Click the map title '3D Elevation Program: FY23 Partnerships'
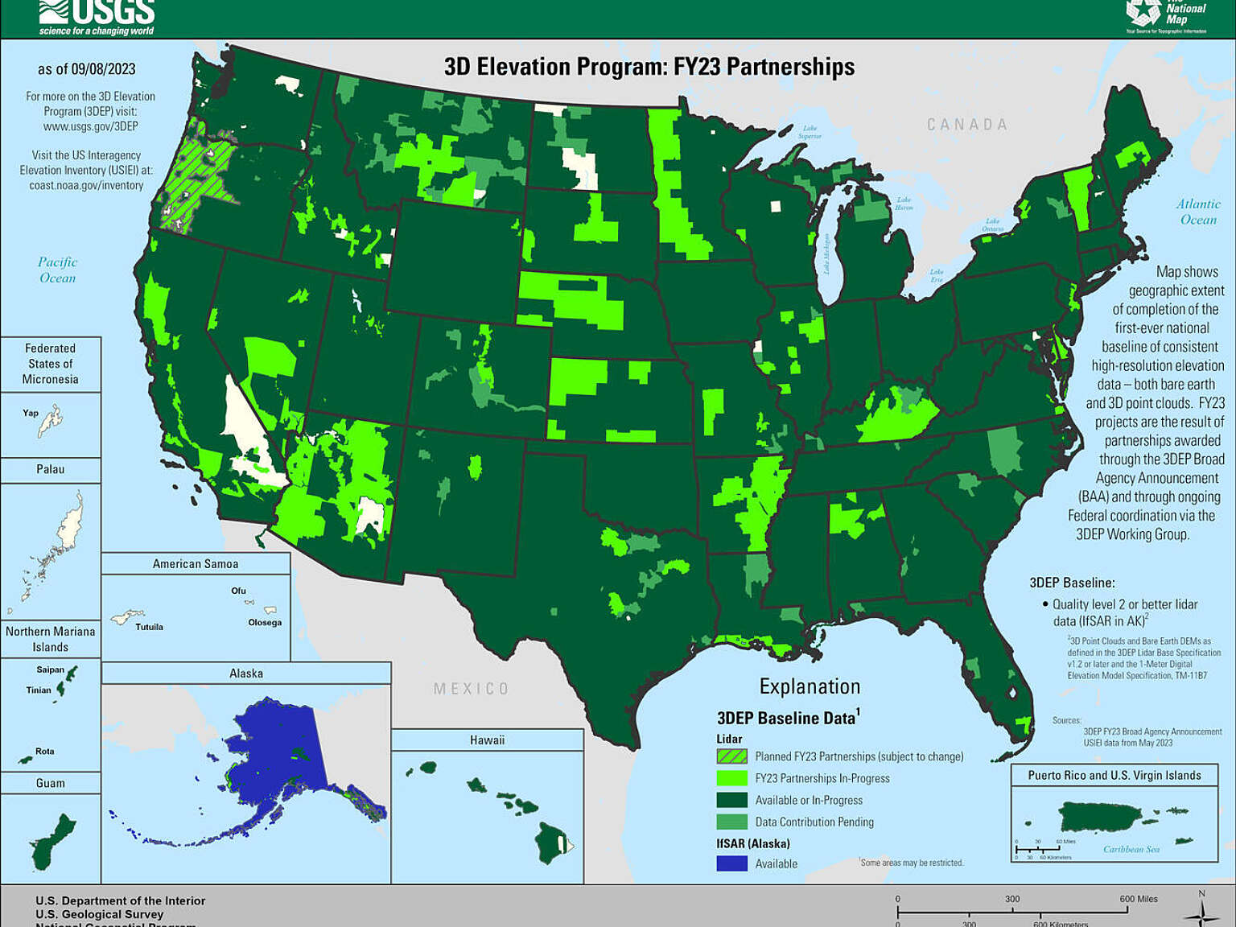point(649,67)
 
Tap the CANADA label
point(966,125)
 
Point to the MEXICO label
point(471,689)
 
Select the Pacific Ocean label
point(57,270)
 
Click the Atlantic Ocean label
point(1198,212)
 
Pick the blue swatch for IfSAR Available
point(731,863)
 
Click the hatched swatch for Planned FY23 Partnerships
point(731,756)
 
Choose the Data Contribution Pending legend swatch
point(731,822)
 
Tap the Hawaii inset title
point(487,740)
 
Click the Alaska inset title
point(246,674)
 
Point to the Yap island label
point(31,413)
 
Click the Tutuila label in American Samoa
point(149,627)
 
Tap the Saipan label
point(50,669)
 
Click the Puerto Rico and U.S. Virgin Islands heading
point(1114,776)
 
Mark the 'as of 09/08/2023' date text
point(86,69)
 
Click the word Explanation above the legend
point(810,686)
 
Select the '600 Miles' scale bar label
point(1138,899)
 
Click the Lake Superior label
point(810,132)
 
